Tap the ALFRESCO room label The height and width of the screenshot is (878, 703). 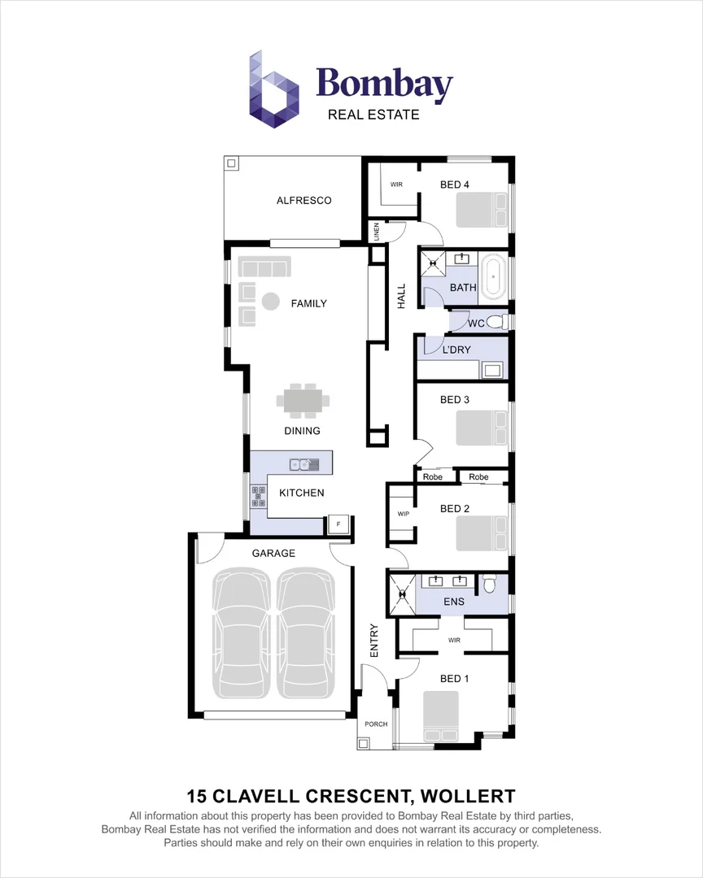(x=303, y=200)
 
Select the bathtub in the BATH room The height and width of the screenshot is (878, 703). (x=493, y=276)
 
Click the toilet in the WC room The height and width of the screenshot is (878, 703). (x=501, y=323)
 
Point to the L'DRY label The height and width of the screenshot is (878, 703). (x=456, y=350)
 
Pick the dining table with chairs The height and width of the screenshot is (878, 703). (x=303, y=400)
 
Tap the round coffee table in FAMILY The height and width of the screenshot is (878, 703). (x=270, y=302)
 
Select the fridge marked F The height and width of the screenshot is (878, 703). (x=338, y=524)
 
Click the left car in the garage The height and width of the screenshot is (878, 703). (x=240, y=632)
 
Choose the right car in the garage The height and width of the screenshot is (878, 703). (x=306, y=632)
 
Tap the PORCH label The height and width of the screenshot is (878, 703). (x=376, y=724)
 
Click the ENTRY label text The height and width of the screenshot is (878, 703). (x=374, y=641)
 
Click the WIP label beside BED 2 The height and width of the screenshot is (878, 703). (x=403, y=515)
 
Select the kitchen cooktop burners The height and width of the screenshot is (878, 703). (x=259, y=496)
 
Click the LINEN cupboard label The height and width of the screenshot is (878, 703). (x=377, y=232)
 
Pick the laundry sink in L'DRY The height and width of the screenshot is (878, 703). (x=492, y=371)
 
